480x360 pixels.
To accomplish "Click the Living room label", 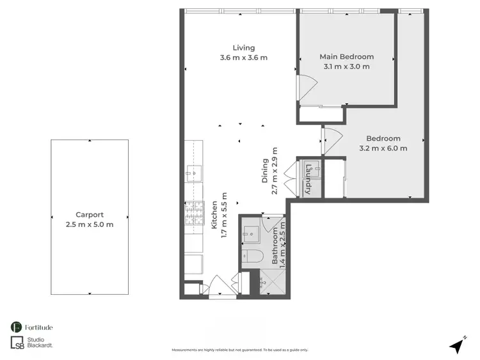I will tap(243, 47).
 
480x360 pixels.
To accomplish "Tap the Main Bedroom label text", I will tap(346, 57).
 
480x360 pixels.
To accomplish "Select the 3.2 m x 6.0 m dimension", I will tap(383, 148).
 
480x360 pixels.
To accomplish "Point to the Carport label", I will tap(90, 215).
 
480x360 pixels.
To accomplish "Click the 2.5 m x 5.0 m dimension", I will tap(90, 224).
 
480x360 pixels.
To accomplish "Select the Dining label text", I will tap(265, 171).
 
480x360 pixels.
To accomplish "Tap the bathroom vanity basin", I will tap(252, 233).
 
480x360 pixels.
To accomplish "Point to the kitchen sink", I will tap(193, 171).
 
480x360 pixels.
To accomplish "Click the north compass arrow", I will tap(456, 345).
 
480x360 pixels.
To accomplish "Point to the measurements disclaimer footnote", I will tap(240, 350).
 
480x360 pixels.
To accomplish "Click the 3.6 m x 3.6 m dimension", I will tap(243, 58).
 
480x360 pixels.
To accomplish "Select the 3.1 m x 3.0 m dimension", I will tap(346, 67).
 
